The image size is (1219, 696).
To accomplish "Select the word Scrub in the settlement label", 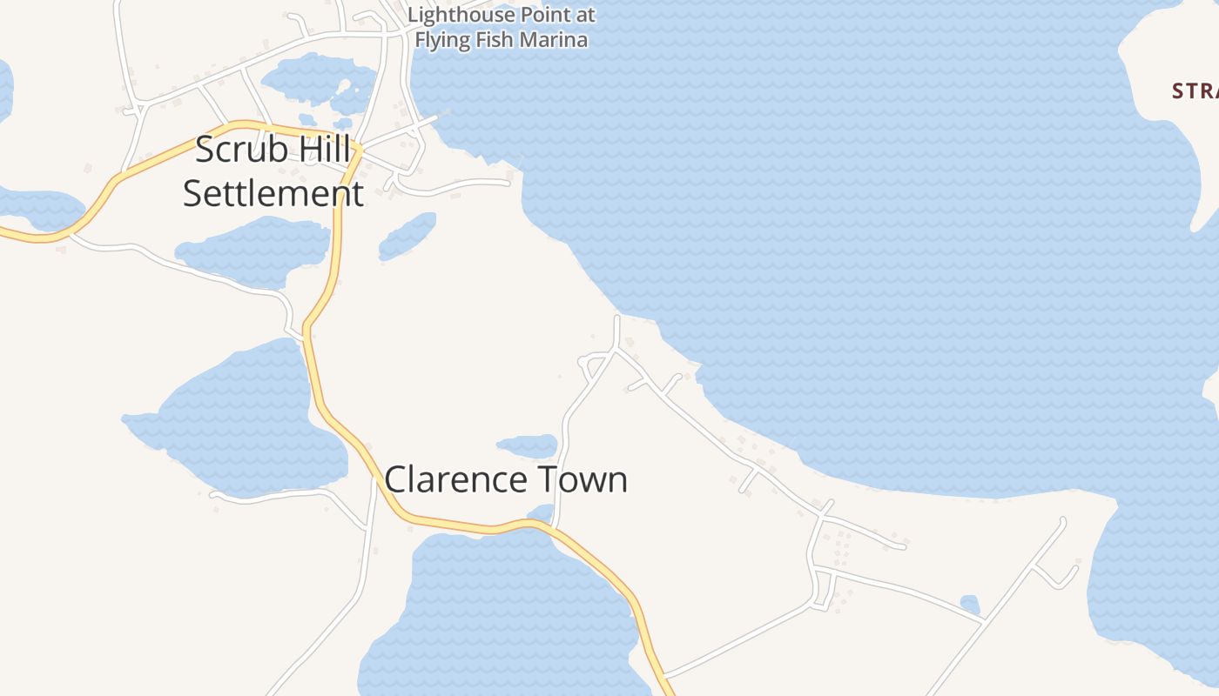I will click(x=229, y=150).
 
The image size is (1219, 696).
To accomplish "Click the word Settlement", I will click(x=273, y=193).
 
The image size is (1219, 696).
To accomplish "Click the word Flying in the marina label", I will click(x=441, y=40).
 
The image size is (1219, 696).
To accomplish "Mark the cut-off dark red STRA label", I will click(x=1195, y=90).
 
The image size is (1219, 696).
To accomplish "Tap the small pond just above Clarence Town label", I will click(x=528, y=446).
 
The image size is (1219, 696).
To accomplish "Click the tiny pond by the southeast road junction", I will click(x=970, y=604).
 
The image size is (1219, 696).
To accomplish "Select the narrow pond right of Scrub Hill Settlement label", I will click(x=407, y=236).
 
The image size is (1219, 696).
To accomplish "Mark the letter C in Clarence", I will click(x=396, y=480).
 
